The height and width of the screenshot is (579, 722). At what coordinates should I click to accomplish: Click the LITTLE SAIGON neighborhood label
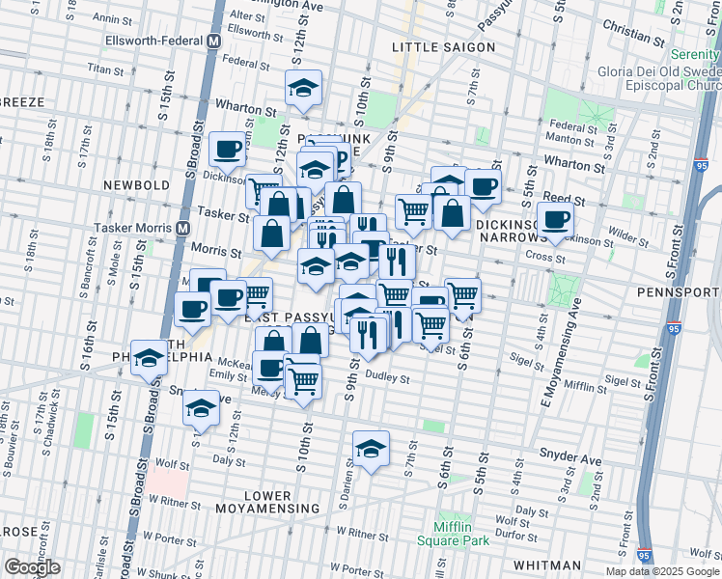tap(444, 47)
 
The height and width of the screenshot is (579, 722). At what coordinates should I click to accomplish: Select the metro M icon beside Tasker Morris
tap(181, 228)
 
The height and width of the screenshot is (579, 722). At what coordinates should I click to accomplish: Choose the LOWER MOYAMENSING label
tap(267, 502)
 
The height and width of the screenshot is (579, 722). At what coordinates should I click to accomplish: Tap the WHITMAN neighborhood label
tap(547, 565)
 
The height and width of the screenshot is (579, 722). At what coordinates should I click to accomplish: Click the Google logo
tap(32, 567)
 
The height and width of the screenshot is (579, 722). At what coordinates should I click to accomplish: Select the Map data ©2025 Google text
tap(663, 571)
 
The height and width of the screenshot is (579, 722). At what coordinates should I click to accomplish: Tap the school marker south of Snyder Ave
tap(370, 448)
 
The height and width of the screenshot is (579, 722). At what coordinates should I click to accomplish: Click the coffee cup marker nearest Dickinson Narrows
tap(555, 218)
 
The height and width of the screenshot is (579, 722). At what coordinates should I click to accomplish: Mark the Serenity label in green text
tap(696, 54)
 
